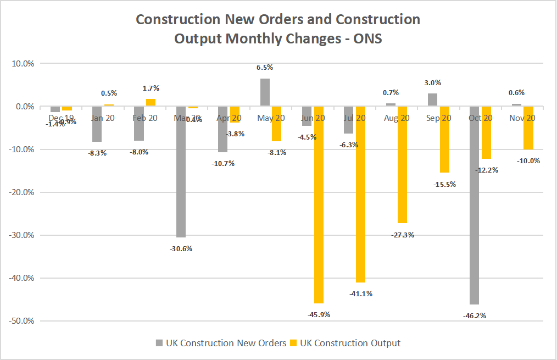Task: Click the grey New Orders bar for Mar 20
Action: [x=181, y=171]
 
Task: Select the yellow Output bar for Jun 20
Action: [x=319, y=204]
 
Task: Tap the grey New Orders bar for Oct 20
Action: [x=474, y=205]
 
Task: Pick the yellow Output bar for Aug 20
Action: [x=403, y=164]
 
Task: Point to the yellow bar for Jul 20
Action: [x=360, y=194]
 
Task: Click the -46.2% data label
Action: [x=474, y=315]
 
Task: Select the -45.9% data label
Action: [x=319, y=314]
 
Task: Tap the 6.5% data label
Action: [x=265, y=68]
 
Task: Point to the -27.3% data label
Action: [x=403, y=235]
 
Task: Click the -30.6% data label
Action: [x=181, y=248]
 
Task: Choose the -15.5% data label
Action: [x=444, y=184]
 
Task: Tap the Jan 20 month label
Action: [x=103, y=118]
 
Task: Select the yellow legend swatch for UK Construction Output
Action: [x=295, y=343]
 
